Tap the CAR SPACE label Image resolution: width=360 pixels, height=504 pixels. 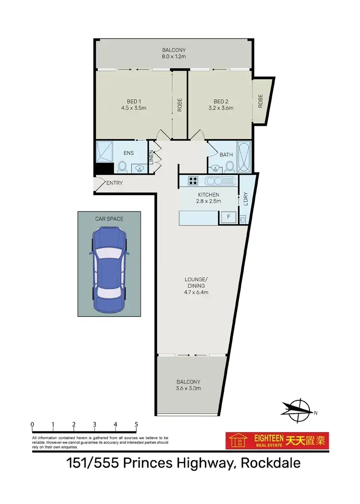(109, 219)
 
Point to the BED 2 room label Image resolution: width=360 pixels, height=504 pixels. (221, 101)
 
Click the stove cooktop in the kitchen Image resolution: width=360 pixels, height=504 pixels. (193, 181)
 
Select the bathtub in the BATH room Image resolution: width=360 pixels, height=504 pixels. (244, 157)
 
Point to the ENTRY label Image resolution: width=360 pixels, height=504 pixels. (115, 183)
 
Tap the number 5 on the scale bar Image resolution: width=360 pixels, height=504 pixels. (136, 424)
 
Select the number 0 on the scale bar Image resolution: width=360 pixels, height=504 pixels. (32, 424)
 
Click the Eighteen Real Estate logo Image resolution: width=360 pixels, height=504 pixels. (277, 441)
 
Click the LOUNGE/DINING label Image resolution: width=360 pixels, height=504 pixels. (198, 283)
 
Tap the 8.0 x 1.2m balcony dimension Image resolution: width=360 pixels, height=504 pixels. (173, 57)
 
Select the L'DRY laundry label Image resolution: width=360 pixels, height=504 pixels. (245, 199)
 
